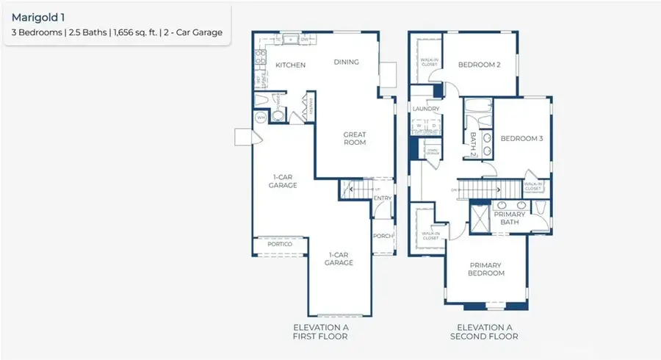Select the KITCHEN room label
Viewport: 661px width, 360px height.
pos(290,65)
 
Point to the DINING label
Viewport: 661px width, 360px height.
pos(346,62)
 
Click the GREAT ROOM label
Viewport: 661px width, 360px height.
pos(355,138)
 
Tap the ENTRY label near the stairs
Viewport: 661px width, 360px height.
pos(383,198)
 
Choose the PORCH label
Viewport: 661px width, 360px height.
pos(383,236)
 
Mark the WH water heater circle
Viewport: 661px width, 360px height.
pos(260,117)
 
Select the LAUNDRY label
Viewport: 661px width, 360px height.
pos(426,109)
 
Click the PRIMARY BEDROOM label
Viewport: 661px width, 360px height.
pos(486,269)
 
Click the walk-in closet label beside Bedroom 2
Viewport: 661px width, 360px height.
pos(428,62)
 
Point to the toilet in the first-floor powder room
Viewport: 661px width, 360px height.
pos(278,115)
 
